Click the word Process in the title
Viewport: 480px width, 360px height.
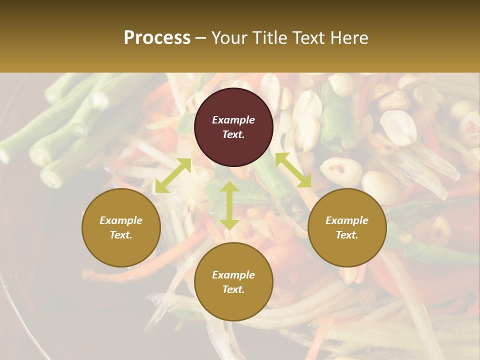tap(157, 38)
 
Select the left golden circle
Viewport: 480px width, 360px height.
tap(121, 227)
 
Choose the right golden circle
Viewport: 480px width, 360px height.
tap(347, 227)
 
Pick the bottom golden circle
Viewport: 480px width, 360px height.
tap(233, 281)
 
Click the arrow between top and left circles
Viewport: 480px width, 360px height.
tap(173, 175)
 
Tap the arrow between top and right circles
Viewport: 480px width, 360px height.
tap(293, 170)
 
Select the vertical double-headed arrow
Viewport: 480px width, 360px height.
tap(229, 205)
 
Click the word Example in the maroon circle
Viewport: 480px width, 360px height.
tap(233, 120)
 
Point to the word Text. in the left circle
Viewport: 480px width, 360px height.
tap(121, 235)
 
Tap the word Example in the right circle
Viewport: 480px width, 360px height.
tap(347, 220)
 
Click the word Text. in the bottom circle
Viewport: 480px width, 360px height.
tap(233, 289)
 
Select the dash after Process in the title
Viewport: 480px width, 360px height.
tap(200, 38)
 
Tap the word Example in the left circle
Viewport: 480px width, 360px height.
tap(121, 220)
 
